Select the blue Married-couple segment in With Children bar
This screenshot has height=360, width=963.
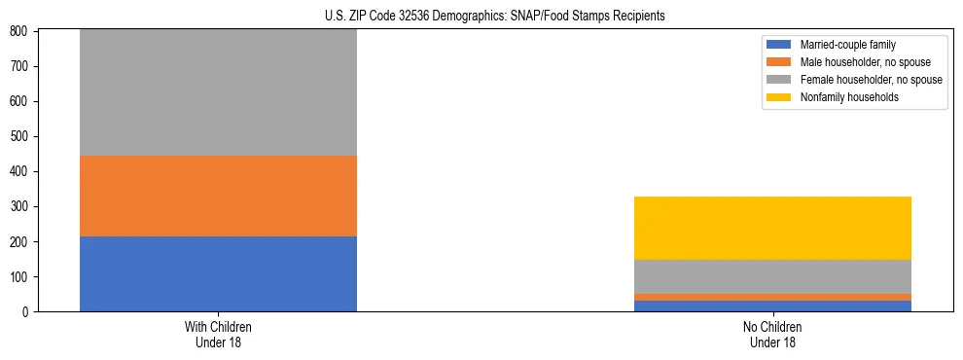[x=218, y=273]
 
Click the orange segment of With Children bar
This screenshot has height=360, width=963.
[x=218, y=196]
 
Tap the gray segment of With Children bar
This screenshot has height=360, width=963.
[x=218, y=92]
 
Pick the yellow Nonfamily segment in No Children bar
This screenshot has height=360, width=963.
[x=772, y=228]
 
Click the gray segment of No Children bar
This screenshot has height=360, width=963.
[x=772, y=276]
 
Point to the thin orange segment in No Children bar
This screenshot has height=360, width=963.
[x=772, y=297]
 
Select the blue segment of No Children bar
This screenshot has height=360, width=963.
[x=772, y=306]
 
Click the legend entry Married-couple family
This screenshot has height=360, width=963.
[x=847, y=45]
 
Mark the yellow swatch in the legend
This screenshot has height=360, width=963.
[x=780, y=97]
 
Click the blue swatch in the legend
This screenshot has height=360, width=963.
[x=780, y=45]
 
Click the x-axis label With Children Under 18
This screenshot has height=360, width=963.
[x=218, y=334]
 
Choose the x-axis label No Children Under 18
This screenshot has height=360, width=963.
[x=772, y=334]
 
